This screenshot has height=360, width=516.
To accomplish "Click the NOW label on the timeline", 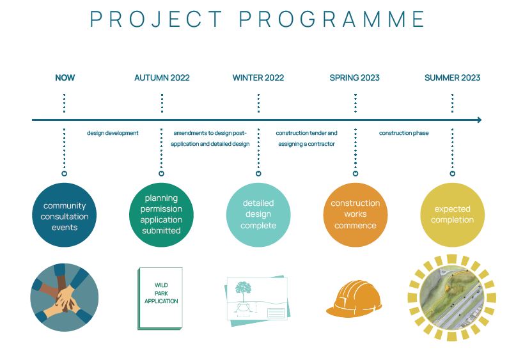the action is click(65, 77).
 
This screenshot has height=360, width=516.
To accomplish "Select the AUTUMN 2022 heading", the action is click(162, 77).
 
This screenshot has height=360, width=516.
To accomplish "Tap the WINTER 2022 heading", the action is click(258, 77).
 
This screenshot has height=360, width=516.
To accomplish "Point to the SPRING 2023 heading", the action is click(355, 77).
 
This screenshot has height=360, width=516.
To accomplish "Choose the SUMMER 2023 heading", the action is click(453, 77).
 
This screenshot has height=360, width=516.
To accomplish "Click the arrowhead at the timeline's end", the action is click(480, 120).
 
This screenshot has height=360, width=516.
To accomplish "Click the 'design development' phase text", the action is click(113, 133).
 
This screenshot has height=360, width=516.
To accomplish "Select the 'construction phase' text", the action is click(403, 133).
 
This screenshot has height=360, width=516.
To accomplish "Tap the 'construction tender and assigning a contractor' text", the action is click(306, 138).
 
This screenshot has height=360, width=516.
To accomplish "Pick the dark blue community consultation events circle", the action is click(64, 215).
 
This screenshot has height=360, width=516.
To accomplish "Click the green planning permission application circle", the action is click(161, 215).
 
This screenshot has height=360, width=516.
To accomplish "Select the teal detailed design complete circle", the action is click(258, 215).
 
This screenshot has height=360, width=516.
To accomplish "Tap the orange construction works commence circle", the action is click(356, 215).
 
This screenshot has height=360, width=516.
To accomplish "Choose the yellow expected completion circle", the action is click(453, 215).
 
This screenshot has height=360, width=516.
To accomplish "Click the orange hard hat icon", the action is click(354, 299).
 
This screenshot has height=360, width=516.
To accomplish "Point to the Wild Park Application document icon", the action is click(160, 298).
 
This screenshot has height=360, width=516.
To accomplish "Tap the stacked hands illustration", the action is click(64, 297).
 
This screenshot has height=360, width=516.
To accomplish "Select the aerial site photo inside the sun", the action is click(451, 298).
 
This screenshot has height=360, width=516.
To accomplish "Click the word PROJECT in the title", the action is click(156, 19).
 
